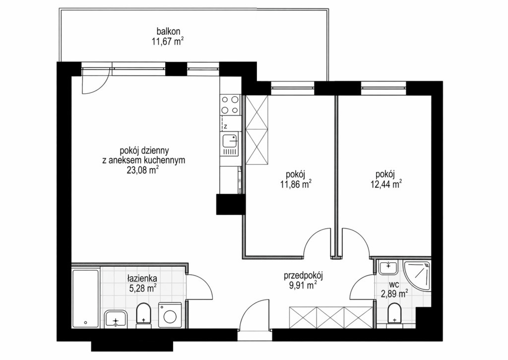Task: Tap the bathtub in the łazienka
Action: pyautogui.click(x=85, y=298)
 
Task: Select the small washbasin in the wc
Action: pyautogui.click(x=388, y=267)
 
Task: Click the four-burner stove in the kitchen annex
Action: pyautogui.click(x=230, y=105)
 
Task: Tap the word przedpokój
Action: pyautogui.click(x=304, y=276)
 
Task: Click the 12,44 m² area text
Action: pyautogui.click(x=386, y=185)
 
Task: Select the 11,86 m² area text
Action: pyautogui.click(x=296, y=185)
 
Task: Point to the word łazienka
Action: pyautogui.click(x=142, y=278)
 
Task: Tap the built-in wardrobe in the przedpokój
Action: pyautogui.click(x=330, y=317)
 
